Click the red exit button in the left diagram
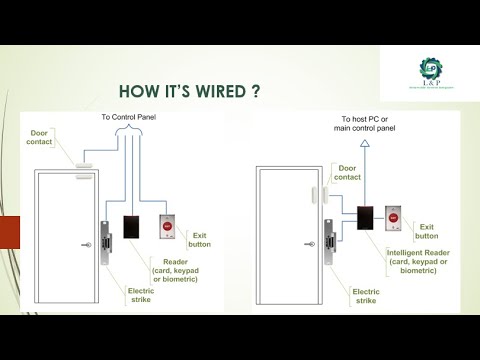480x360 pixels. click(167, 227)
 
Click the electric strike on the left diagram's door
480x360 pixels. click(104, 243)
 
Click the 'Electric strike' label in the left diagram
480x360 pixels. click(140, 295)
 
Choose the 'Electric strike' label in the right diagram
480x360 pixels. click(365, 296)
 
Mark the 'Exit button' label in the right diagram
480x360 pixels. click(427, 231)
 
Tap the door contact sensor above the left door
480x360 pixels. click(86, 163)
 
